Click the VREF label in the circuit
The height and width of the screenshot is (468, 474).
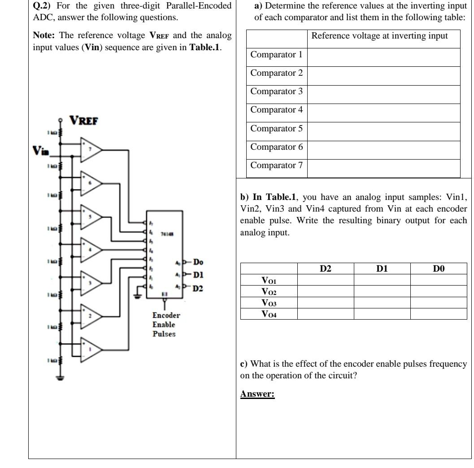(x=84, y=121)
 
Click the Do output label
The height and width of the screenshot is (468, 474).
(x=199, y=262)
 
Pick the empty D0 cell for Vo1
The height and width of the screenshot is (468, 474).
(x=438, y=280)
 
